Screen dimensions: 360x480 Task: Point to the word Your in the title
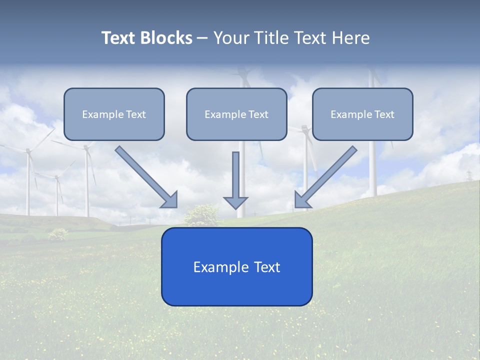(x=231, y=38)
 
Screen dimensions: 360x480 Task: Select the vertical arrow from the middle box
(x=235, y=175)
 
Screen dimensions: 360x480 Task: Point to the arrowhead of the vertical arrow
(x=235, y=202)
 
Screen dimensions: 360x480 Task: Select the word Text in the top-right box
(x=384, y=114)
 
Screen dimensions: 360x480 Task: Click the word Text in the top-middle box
(x=258, y=114)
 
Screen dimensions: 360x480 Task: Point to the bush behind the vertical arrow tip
(x=201, y=215)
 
